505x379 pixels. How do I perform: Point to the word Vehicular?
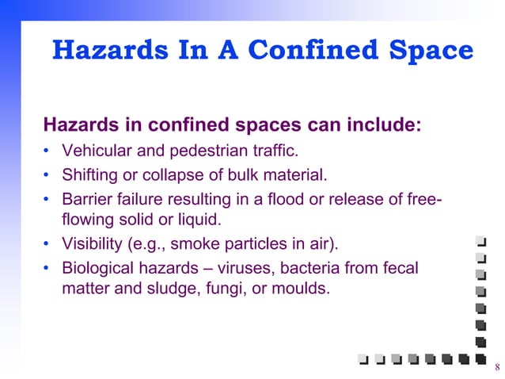click(96, 151)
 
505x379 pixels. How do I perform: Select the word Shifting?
click(88, 174)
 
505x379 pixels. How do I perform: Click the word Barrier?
click(86, 197)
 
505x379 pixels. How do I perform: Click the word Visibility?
click(90, 242)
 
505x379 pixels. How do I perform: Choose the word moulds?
click(300, 289)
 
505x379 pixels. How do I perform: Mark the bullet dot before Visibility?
click(47, 243)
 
